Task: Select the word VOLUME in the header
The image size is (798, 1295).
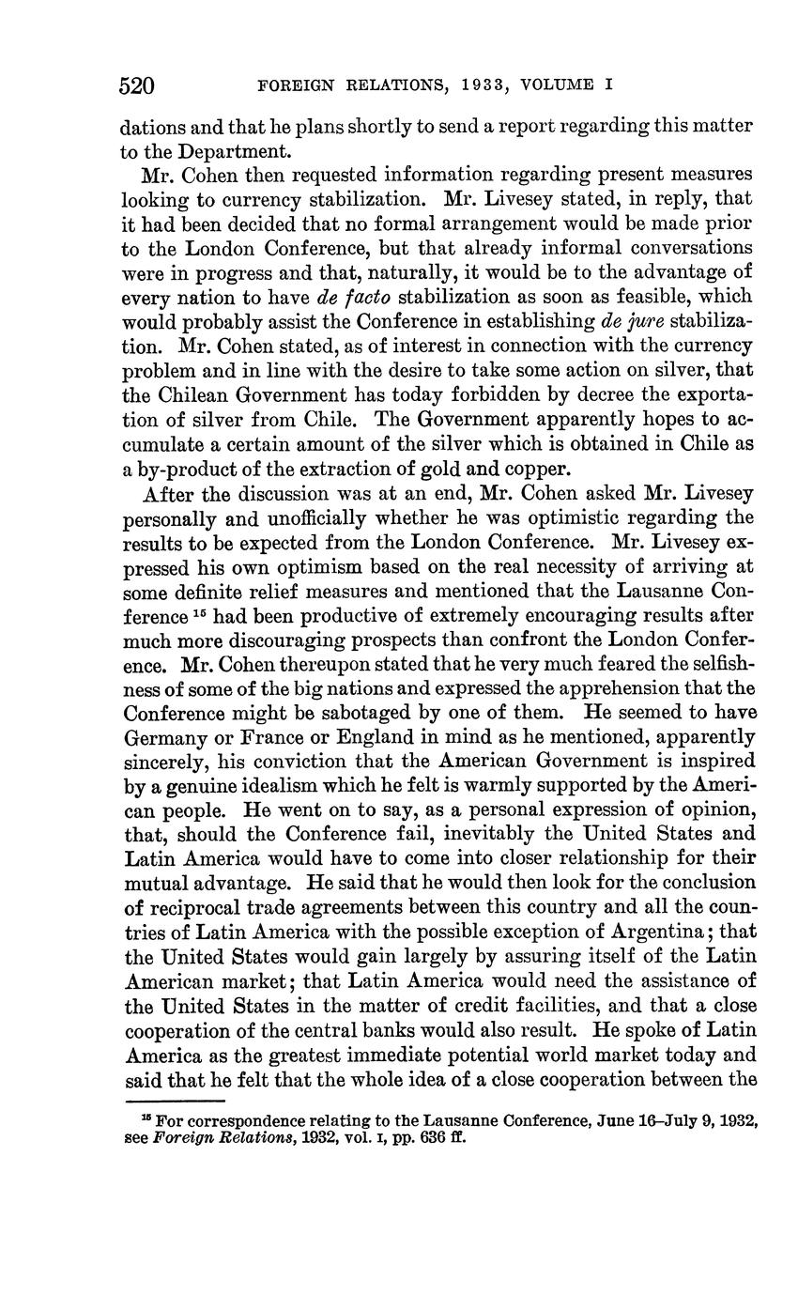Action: pos(561,85)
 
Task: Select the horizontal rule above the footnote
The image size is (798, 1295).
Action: pos(175,1102)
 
